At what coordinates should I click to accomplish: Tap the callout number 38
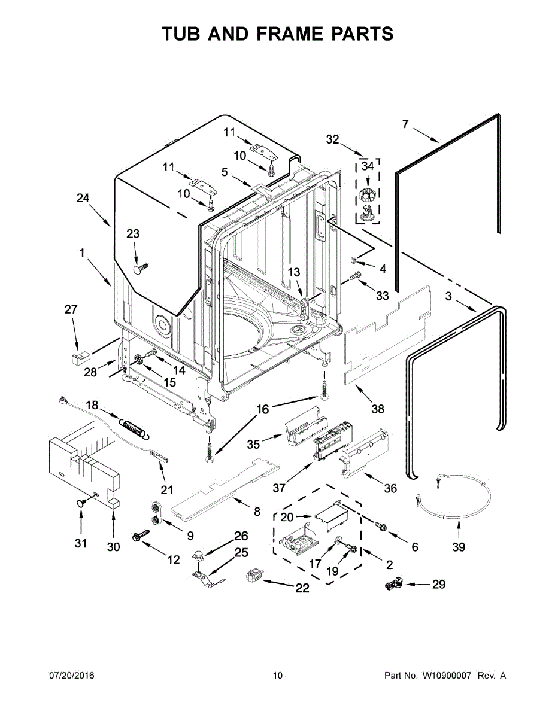[378, 409]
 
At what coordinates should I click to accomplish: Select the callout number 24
[83, 198]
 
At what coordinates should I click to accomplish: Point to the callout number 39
[459, 547]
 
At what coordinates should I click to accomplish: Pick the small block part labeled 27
[80, 358]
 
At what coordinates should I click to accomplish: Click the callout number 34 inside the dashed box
[368, 166]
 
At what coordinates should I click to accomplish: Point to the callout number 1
[81, 252]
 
